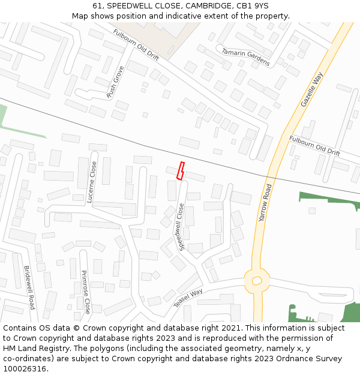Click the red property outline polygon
click(180, 171)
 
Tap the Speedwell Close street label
click(179, 227)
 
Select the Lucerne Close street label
click(92, 182)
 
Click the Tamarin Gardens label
click(245, 57)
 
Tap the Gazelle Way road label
click(311, 90)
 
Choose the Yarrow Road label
click(265, 203)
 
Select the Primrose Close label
click(86, 292)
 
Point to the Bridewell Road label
click(29, 287)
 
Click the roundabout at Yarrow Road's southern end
click(257, 280)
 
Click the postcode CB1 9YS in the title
click(253, 6)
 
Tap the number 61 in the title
click(98, 6)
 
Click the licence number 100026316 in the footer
click(25, 368)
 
